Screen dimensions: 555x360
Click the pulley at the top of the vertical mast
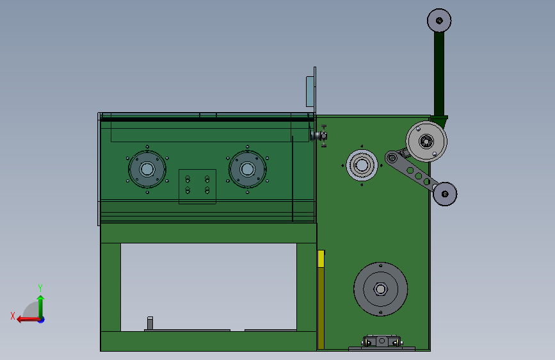(439, 20)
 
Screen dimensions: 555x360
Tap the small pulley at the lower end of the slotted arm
(445, 194)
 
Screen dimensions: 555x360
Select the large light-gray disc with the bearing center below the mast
(426, 142)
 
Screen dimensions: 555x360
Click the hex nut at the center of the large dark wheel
(380, 289)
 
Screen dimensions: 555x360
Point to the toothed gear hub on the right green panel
(362, 165)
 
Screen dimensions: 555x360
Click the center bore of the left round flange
(147, 169)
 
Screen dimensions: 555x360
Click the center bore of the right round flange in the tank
(247, 169)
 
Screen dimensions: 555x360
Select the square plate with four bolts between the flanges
(197, 186)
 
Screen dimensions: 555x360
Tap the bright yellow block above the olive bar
(321, 259)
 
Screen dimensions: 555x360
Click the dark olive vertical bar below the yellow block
(321, 308)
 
